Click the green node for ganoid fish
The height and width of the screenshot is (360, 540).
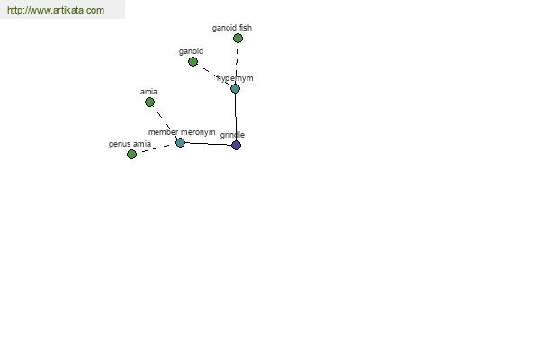pos(238,38)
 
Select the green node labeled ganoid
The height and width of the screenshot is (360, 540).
pos(193,62)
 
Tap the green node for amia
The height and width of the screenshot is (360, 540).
pos(149,102)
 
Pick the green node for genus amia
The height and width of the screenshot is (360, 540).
pos(131,154)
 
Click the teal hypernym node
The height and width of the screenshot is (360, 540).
pos(235,88)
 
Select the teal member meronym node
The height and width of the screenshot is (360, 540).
pos(180,142)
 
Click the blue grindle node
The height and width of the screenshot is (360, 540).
pos(236,145)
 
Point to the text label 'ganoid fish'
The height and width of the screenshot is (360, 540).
pos(232,28)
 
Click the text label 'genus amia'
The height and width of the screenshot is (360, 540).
pos(130,144)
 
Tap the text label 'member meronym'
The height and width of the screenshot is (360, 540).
pos(182,132)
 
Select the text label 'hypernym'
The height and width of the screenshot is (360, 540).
pos(235,78)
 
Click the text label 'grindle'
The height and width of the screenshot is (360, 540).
pos(232,135)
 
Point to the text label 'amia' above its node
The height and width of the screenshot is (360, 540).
pos(148,92)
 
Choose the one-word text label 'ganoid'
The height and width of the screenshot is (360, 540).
pos(191,51)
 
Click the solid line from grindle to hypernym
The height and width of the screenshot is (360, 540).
pos(236,117)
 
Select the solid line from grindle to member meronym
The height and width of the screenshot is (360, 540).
pos(208,144)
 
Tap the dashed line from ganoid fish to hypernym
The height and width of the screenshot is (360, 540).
pos(237,63)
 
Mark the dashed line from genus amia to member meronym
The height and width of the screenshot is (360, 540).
pos(156,148)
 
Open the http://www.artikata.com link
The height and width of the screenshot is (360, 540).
pos(56,10)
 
